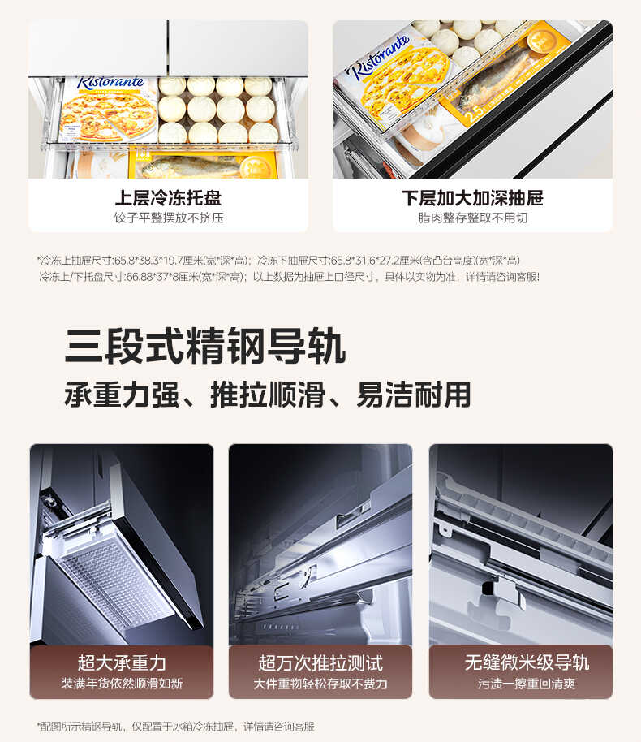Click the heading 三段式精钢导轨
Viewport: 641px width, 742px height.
[205, 346]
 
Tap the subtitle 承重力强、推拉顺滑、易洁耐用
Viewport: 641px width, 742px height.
[268, 395]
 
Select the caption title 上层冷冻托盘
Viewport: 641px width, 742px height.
[168, 198]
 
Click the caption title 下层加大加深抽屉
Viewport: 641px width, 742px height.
[472, 198]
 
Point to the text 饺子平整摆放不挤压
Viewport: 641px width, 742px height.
[168, 218]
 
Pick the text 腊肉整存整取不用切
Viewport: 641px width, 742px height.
[472, 218]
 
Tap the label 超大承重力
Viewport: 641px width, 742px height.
[122, 662]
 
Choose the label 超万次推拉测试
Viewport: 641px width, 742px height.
[320, 662]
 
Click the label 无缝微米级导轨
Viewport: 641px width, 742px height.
[520, 662]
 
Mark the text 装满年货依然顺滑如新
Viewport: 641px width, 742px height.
[122, 684]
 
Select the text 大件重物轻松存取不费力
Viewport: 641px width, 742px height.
[320, 684]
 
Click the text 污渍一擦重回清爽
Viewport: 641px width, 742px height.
[520, 684]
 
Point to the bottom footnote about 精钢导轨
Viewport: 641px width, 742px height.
[176, 726]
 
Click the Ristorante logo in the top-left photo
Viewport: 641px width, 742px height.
[111, 83]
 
